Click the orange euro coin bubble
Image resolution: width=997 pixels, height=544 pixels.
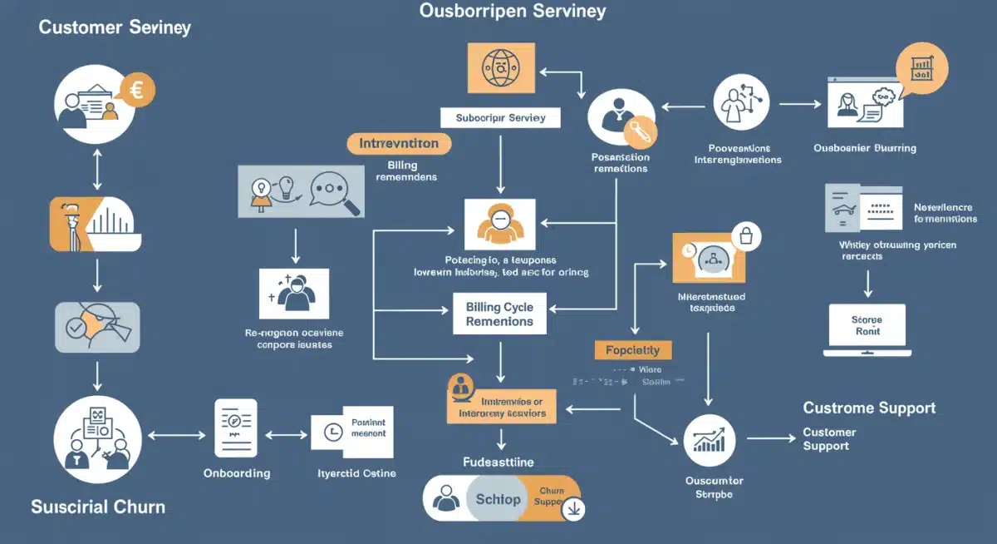pos(137,91)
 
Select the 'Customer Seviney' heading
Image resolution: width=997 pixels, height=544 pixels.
pos(115,27)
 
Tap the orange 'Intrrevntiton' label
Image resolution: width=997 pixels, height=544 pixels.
pos(399,143)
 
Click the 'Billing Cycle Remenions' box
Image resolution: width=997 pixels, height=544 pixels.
pos(499,314)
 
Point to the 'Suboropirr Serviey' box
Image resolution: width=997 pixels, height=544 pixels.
pos(500,118)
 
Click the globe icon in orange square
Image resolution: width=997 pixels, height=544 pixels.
pos(499,68)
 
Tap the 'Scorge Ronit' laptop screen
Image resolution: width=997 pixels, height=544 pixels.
pos(867,325)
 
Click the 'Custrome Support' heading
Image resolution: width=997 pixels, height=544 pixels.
pos(869,408)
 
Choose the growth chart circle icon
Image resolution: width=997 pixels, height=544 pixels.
pos(710,439)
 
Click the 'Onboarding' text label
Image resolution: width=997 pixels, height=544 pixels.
pos(237,472)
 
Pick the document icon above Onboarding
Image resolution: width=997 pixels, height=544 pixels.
pos(236,428)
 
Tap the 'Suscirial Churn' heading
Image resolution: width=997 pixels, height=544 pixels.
pos(98,506)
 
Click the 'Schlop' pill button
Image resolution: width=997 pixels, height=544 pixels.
pos(498,499)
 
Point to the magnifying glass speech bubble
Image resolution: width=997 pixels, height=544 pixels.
pos(335,190)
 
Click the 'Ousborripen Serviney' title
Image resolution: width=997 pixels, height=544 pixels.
pos(513,11)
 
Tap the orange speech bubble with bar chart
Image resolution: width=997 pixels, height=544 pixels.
pos(922,68)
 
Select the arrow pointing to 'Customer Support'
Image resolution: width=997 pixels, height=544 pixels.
pos(770,438)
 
